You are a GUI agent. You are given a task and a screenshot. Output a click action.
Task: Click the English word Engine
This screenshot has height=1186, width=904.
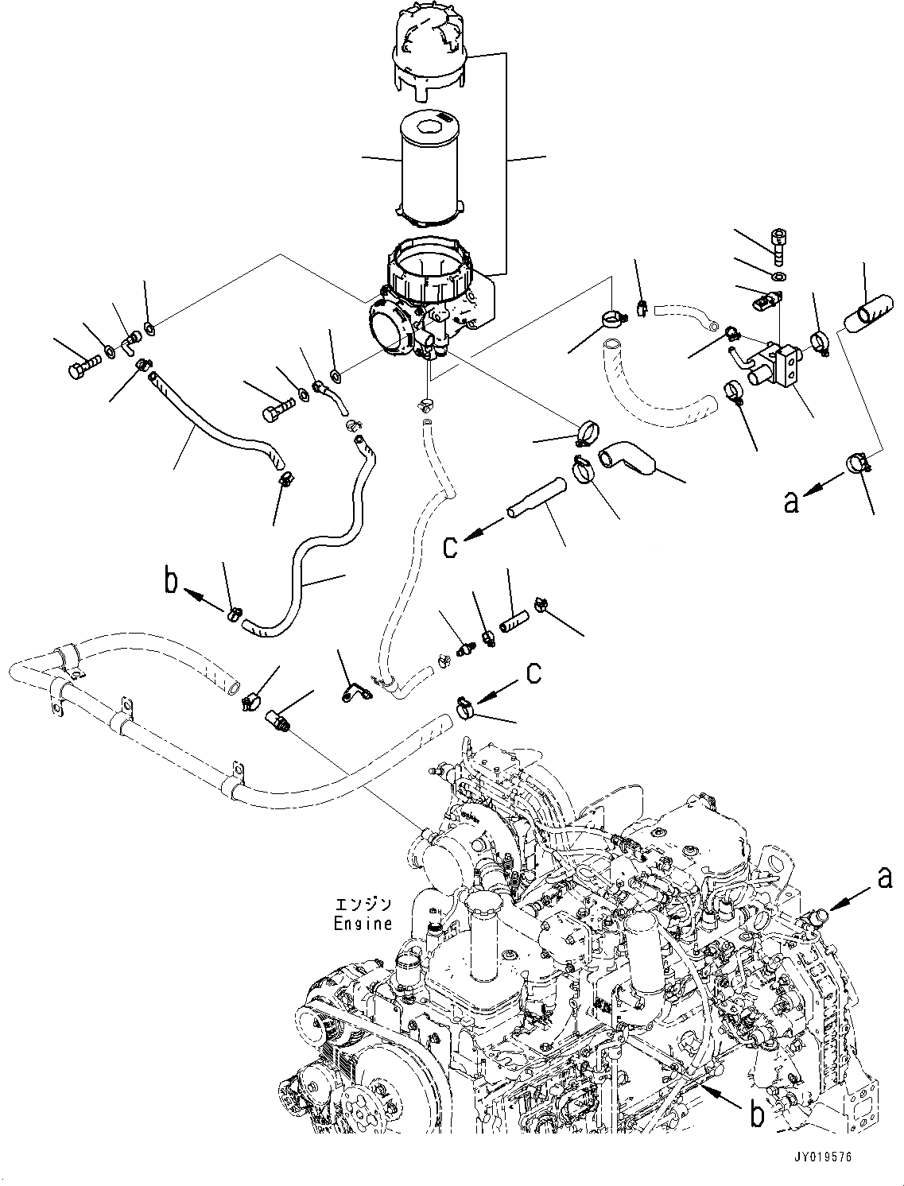[363, 924]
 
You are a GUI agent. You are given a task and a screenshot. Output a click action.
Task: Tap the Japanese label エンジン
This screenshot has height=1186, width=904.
[363, 905]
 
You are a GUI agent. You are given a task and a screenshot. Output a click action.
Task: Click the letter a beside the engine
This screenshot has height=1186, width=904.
[884, 878]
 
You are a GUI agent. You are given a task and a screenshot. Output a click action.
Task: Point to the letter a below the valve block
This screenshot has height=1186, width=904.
[791, 502]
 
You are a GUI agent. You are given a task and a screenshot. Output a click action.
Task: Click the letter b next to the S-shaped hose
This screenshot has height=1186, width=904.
[171, 583]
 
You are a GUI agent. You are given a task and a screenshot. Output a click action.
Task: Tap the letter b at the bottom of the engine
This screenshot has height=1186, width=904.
[757, 1115]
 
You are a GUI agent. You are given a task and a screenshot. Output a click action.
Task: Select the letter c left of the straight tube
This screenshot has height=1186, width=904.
[451, 547]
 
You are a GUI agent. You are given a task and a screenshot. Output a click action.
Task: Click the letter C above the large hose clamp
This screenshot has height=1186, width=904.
[533, 672]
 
